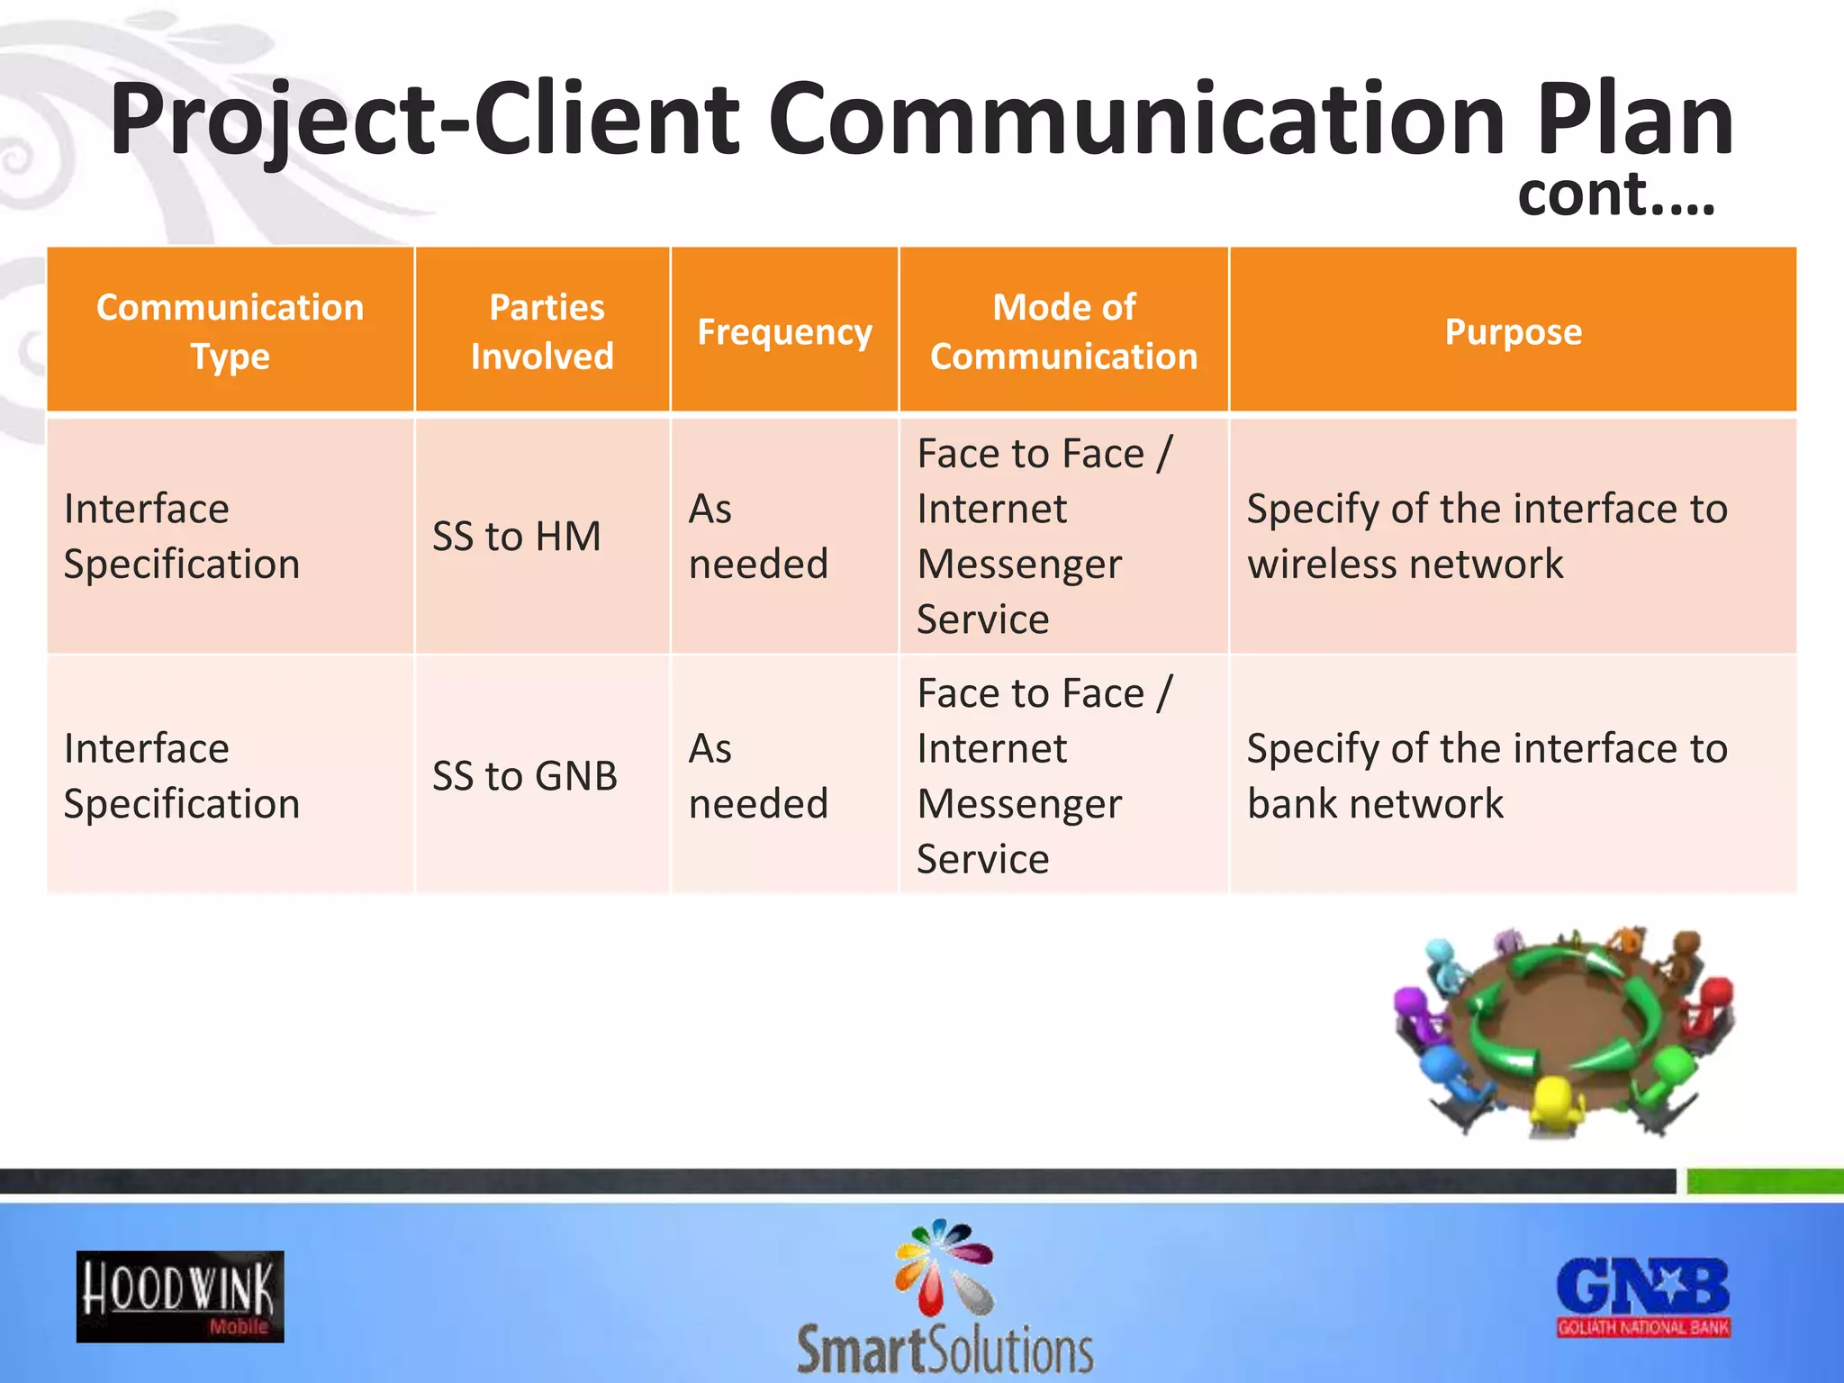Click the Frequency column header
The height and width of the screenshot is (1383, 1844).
coord(784,331)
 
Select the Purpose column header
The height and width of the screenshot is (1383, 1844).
coord(1513,331)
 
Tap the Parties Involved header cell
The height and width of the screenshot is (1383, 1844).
coord(543,331)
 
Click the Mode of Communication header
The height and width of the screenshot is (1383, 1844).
coord(1063,331)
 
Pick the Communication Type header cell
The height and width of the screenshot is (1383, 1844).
coord(230,331)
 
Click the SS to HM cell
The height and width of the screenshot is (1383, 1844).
coord(517,537)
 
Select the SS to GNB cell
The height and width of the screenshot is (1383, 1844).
coord(525,776)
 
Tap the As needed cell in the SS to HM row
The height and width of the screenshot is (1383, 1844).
coord(758,537)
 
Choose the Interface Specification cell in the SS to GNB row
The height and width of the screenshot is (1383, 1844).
coord(182,776)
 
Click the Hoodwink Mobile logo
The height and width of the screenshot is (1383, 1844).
coord(180,1297)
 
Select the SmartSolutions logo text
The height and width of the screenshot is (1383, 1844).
coord(945,1349)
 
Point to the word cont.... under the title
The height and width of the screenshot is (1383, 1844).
coord(1616,194)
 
